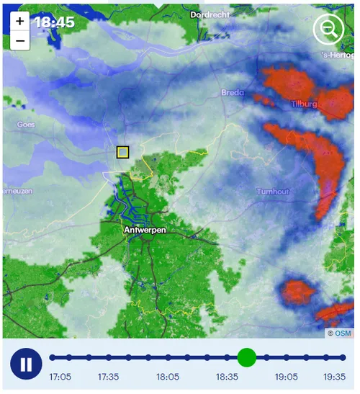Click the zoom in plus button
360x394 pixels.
tap(20, 22)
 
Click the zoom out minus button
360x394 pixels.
tap(20, 40)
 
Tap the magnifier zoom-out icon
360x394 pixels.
tap(328, 30)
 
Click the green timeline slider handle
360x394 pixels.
tap(246, 357)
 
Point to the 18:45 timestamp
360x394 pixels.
tap(55, 22)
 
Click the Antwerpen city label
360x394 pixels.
tap(145, 230)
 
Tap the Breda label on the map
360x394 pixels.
tap(233, 93)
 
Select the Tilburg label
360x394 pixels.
tap(304, 104)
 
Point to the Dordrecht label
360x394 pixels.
tap(210, 14)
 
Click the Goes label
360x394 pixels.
tap(26, 124)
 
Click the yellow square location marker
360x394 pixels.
tap(122, 152)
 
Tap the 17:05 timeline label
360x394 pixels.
tap(60, 377)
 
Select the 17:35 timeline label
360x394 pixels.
tap(109, 377)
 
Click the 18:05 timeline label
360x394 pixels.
tap(168, 377)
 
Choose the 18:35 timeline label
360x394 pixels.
tap(227, 377)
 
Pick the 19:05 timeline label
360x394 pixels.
tap(286, 377)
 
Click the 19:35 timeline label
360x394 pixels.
tap(335, 377)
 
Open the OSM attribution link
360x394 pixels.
tap(343, 333)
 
